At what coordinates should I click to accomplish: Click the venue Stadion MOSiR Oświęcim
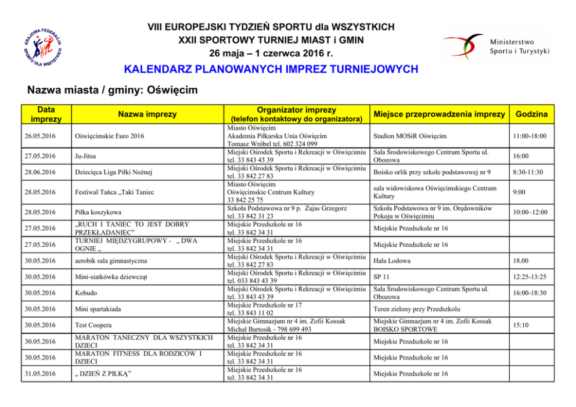click(410, 136)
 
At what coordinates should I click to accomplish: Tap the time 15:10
click(522, 325)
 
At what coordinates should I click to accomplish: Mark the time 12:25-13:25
click(530, 277)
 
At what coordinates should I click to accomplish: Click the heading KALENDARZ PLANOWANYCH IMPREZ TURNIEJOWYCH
click(271, 70)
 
